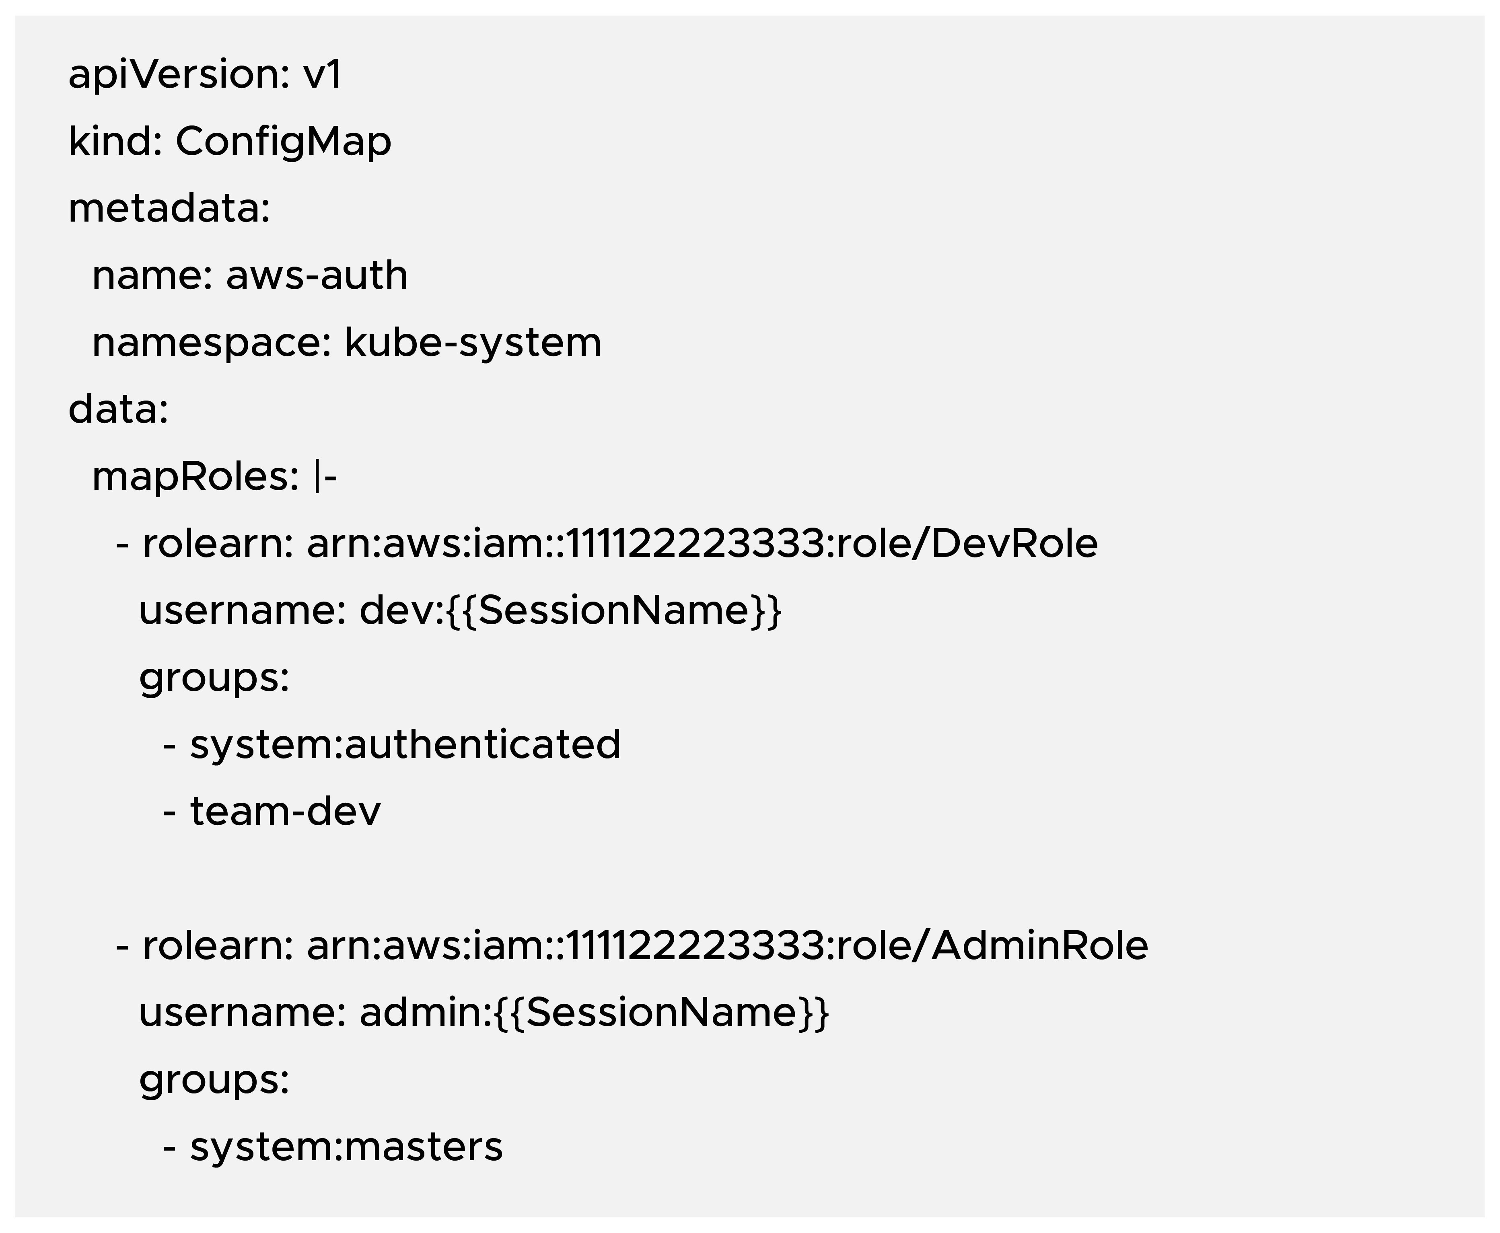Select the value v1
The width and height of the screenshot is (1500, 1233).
(x=323, y=74)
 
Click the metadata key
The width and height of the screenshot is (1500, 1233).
(x=168, y=209)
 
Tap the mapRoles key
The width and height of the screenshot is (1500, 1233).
(x=195, y=477)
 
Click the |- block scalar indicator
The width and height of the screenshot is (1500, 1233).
(x=325, y=477)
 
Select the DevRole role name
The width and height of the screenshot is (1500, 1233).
(x=1014, y=544)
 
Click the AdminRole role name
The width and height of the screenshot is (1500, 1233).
(x=1039, y=946)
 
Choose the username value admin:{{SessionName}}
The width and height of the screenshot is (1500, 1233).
(x=594, y=1013)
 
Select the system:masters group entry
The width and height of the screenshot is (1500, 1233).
(x=346, y=1147)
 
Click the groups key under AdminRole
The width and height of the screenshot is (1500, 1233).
(x=214, y=1080)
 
